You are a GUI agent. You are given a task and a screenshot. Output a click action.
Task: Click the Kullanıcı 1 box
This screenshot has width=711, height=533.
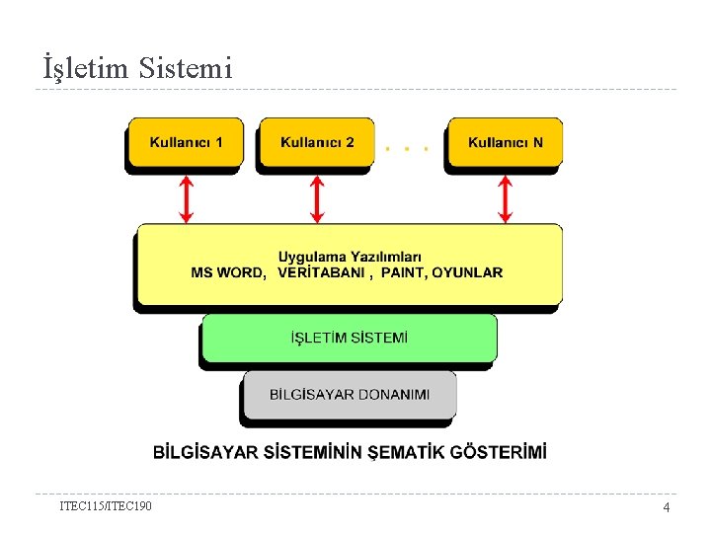click(185, 143)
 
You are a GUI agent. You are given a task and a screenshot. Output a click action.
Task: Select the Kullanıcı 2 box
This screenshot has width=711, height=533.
click(317, 143)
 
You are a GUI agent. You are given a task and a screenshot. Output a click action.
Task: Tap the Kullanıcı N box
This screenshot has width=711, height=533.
click(505, 143)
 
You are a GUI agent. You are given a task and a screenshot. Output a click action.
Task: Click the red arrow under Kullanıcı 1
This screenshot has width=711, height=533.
click(186, 199)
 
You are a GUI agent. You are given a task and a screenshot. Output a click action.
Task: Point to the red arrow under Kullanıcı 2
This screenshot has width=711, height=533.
click(317, 199)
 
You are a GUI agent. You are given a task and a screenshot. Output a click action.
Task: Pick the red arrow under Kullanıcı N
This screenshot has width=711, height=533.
click(505, 199)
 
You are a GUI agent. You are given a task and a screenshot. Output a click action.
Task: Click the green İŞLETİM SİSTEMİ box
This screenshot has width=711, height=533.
click(349, 339)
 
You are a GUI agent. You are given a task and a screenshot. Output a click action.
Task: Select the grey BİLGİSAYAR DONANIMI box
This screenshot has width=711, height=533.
click(350, 395)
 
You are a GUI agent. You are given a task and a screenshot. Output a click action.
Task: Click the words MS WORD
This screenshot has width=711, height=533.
click(227, 272)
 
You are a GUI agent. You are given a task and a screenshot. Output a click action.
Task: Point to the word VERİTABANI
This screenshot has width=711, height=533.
click(321, 272)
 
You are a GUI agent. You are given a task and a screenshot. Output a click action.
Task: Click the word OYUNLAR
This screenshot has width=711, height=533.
click(467, 272)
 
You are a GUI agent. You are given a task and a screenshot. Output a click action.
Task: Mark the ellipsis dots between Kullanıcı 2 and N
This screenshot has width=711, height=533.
click(407, 149)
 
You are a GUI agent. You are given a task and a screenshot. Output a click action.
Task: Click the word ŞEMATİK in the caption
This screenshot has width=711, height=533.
click(405, 452)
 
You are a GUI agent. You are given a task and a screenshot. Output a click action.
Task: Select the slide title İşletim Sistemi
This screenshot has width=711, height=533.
click(137, 68)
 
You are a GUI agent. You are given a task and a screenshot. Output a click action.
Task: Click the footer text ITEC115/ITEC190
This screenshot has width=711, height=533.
click(106, 506)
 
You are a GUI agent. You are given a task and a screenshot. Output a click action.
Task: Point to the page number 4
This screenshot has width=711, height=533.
click(666, 507)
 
